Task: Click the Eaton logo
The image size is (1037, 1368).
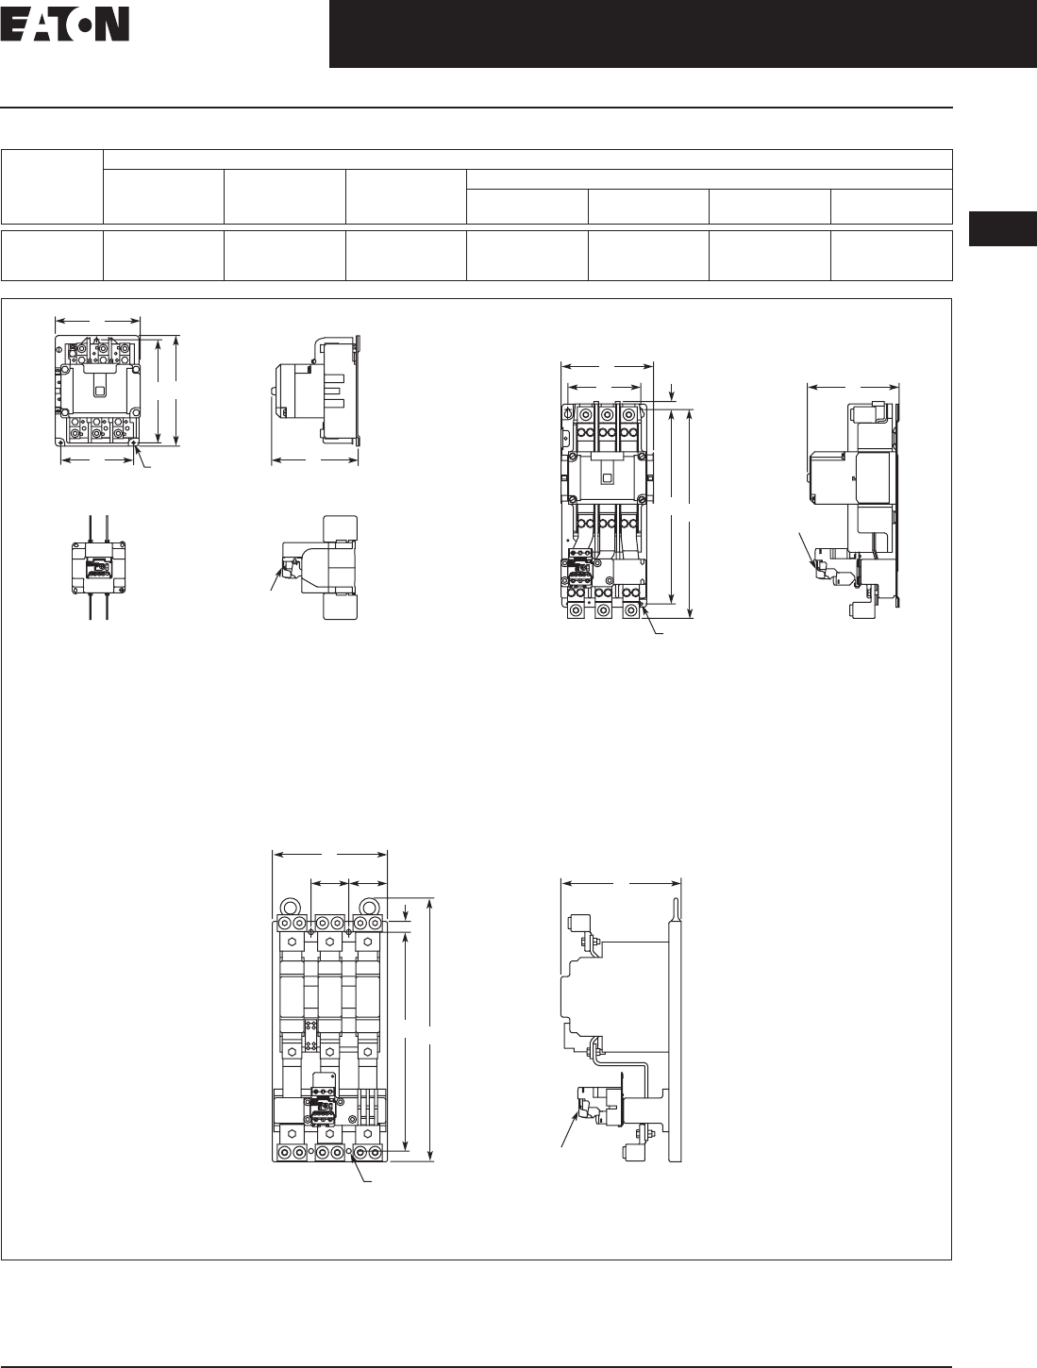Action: click(65, 25)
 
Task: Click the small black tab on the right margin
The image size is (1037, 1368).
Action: click(1003, 228)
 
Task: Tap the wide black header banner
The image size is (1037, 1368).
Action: click(683, 34)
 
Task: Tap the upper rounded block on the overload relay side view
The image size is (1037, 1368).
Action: click(341, 530)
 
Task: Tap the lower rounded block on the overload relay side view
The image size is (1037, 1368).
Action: click(341, 605)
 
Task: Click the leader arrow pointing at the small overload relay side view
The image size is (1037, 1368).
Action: click(275, 579)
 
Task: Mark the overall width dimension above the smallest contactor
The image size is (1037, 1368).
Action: click(97, 322)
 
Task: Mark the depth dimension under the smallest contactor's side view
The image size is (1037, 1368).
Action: click(315, 460)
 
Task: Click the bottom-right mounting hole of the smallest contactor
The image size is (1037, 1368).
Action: click(135, 442)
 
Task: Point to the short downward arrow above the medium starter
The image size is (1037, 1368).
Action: click(673, 392)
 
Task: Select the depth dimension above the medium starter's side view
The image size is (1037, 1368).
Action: click(853, 387)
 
